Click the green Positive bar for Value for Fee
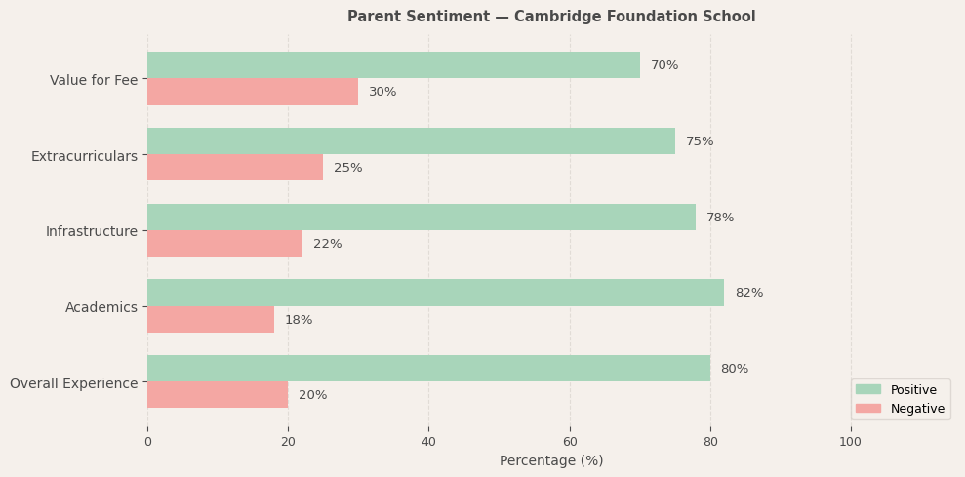(x=393, y=65)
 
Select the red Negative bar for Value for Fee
(x=253, y=92)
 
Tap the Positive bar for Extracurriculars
(x=411, y=141)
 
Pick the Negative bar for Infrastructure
(x=224, y=244)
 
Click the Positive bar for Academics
(x=435, y=293)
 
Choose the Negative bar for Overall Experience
(x=218, y=395)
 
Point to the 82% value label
(x=748, y=293)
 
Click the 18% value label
(x=299, y=320)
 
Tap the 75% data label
(x=700, y=141)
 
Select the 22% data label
(x=327, y=244)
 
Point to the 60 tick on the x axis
(x=570, y=442)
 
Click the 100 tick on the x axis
(x=851, y=442)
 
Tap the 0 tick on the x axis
(x=147, y=442)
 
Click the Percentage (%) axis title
(x=551, y=460)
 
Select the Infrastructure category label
(x=92, y=231)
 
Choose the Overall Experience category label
(x=74, y=383)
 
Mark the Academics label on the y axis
(x=101, y=307)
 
